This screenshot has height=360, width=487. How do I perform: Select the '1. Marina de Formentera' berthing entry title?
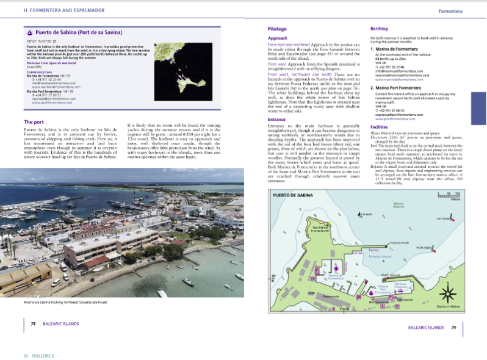pos(400,48)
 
